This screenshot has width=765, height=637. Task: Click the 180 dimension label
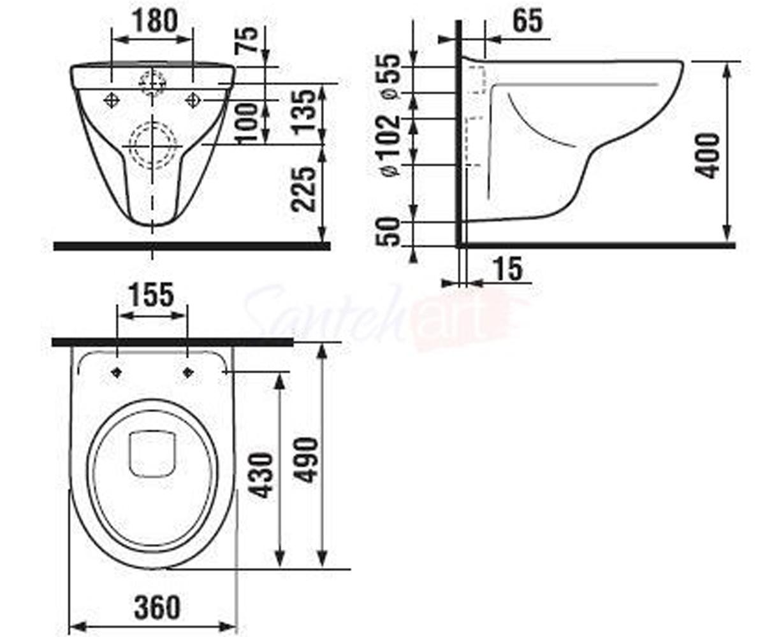[155, 20]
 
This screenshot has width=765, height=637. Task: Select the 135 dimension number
[303, 110]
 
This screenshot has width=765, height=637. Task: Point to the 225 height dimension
[303, 189]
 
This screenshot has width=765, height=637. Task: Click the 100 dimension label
[247, 123]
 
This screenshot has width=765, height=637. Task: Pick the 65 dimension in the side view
[527, 20]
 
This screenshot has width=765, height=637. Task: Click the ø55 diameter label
[390, 76]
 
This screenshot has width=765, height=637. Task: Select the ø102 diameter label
[390, 146]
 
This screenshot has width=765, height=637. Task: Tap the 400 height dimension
[708, 155]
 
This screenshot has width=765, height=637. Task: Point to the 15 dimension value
[509, 269]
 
